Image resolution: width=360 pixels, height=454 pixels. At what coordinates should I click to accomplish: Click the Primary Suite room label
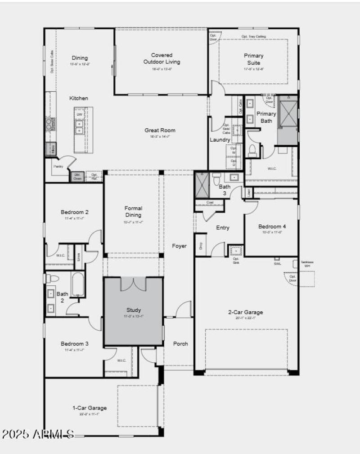click(254, 59)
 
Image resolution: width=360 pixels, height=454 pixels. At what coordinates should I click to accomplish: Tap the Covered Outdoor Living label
click(162, 58)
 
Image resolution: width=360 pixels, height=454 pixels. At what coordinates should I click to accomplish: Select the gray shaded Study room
click(133, 312)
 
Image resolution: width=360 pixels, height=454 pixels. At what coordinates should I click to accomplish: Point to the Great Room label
click(160, 130)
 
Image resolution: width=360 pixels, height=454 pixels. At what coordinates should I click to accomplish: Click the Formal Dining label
click(133, 211)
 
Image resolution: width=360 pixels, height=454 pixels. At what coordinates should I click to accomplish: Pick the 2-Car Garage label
click(245, 312)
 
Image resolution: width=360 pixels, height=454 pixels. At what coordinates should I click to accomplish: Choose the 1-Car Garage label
click(90, 408)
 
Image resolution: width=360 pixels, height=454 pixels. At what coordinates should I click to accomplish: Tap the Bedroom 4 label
click(271, 226)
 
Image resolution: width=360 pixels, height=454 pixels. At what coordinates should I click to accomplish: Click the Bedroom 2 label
click(75, 212)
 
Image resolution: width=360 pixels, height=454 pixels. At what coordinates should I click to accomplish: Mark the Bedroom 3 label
click(75, 344)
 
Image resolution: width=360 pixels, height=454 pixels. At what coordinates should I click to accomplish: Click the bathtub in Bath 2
click(78, 284)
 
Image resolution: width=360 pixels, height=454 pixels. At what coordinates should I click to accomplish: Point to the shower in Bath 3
click(202, 185)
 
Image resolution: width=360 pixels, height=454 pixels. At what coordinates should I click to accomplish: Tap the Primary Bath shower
click(288, 113)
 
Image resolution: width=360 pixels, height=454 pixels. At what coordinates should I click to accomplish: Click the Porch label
click(180, 344)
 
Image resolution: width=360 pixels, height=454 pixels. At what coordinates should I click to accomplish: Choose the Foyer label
click(179, 246)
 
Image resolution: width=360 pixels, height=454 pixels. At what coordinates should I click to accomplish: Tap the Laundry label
click(220, 140)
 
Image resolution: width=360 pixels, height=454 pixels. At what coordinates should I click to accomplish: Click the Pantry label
click(58, 166)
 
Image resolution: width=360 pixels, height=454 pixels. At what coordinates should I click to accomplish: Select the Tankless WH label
click(307, 264)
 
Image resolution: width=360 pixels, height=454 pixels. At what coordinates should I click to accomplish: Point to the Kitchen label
click(79, 98)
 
